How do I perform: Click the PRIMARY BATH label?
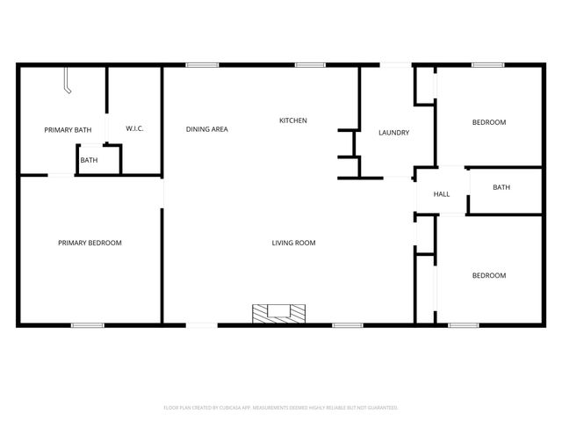click(x=68, y=130)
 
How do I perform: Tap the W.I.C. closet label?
click(x=134, y=129)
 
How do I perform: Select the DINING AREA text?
click(x=207, y=129)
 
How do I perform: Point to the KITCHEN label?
click(x=293, y=120)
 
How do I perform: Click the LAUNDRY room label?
click(x=393, y=133)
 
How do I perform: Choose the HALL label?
click(x=442, y=193)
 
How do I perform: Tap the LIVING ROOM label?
click(x=293, y=243)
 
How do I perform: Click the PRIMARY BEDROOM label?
click(x=90, y=243)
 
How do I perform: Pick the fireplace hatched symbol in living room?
click(x=279, y=312)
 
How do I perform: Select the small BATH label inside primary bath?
click(x=90, y=160)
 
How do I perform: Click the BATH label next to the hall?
click(x=501, y=187)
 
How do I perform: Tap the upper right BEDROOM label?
click(x=489, y=122)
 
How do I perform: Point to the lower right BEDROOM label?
click(x=489, y=275)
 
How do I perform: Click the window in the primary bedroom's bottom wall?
click(x=88, y=325)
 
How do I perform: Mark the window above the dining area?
click(x=202, y=64)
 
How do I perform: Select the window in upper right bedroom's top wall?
click(x=487, y=64)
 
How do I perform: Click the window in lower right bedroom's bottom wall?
click(x=463, y=325)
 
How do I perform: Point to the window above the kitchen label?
click(x=310, y=64)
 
